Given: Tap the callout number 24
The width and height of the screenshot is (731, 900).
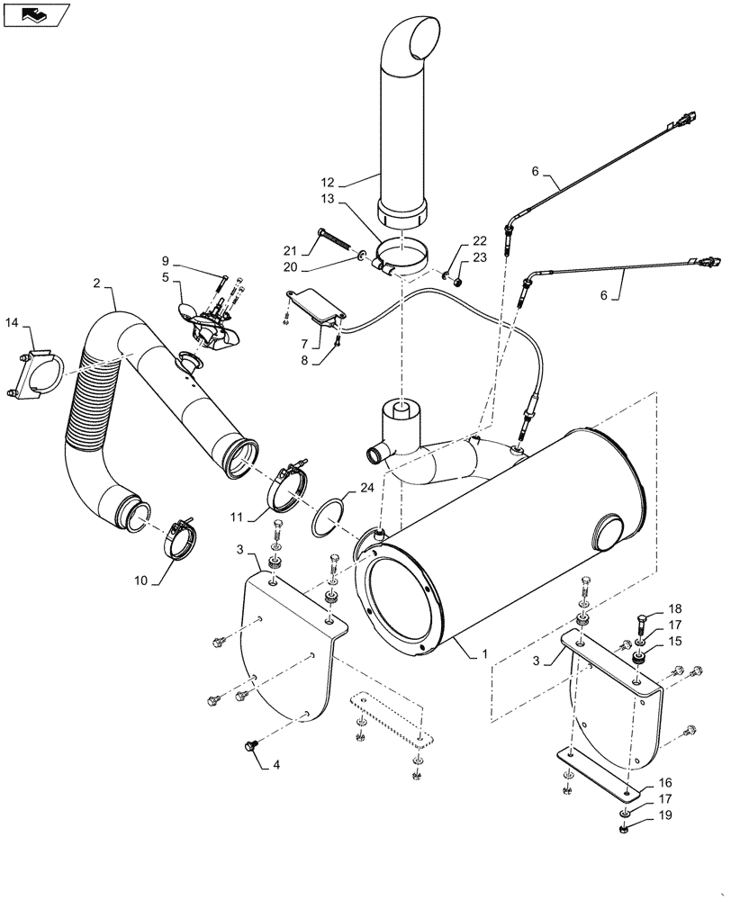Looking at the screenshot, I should click(x=366, y=490).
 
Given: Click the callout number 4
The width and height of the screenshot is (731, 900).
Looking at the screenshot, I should click(x=276, y=766).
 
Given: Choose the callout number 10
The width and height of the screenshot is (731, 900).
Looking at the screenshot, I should click(x=142, y=581).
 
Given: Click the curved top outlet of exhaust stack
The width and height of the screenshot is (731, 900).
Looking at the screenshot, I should click(x=409, y=41).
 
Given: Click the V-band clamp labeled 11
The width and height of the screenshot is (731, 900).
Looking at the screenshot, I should click(x=289, y=486).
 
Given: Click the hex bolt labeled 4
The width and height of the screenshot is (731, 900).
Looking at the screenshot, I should click(x=252, y=744).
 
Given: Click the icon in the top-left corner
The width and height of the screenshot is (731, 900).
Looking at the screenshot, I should click(x=33, y=13).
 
